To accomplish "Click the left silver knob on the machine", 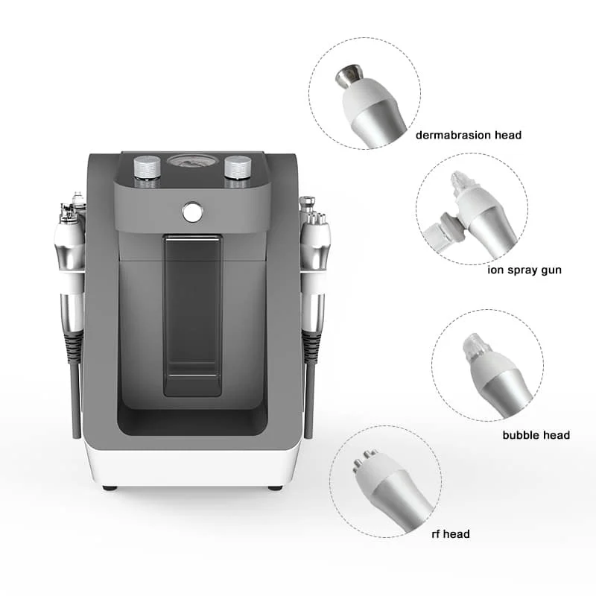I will coord(148,167).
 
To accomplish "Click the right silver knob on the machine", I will coord(238,167).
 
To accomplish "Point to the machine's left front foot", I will coord(110,488).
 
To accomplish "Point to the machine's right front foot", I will coord(275,488).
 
